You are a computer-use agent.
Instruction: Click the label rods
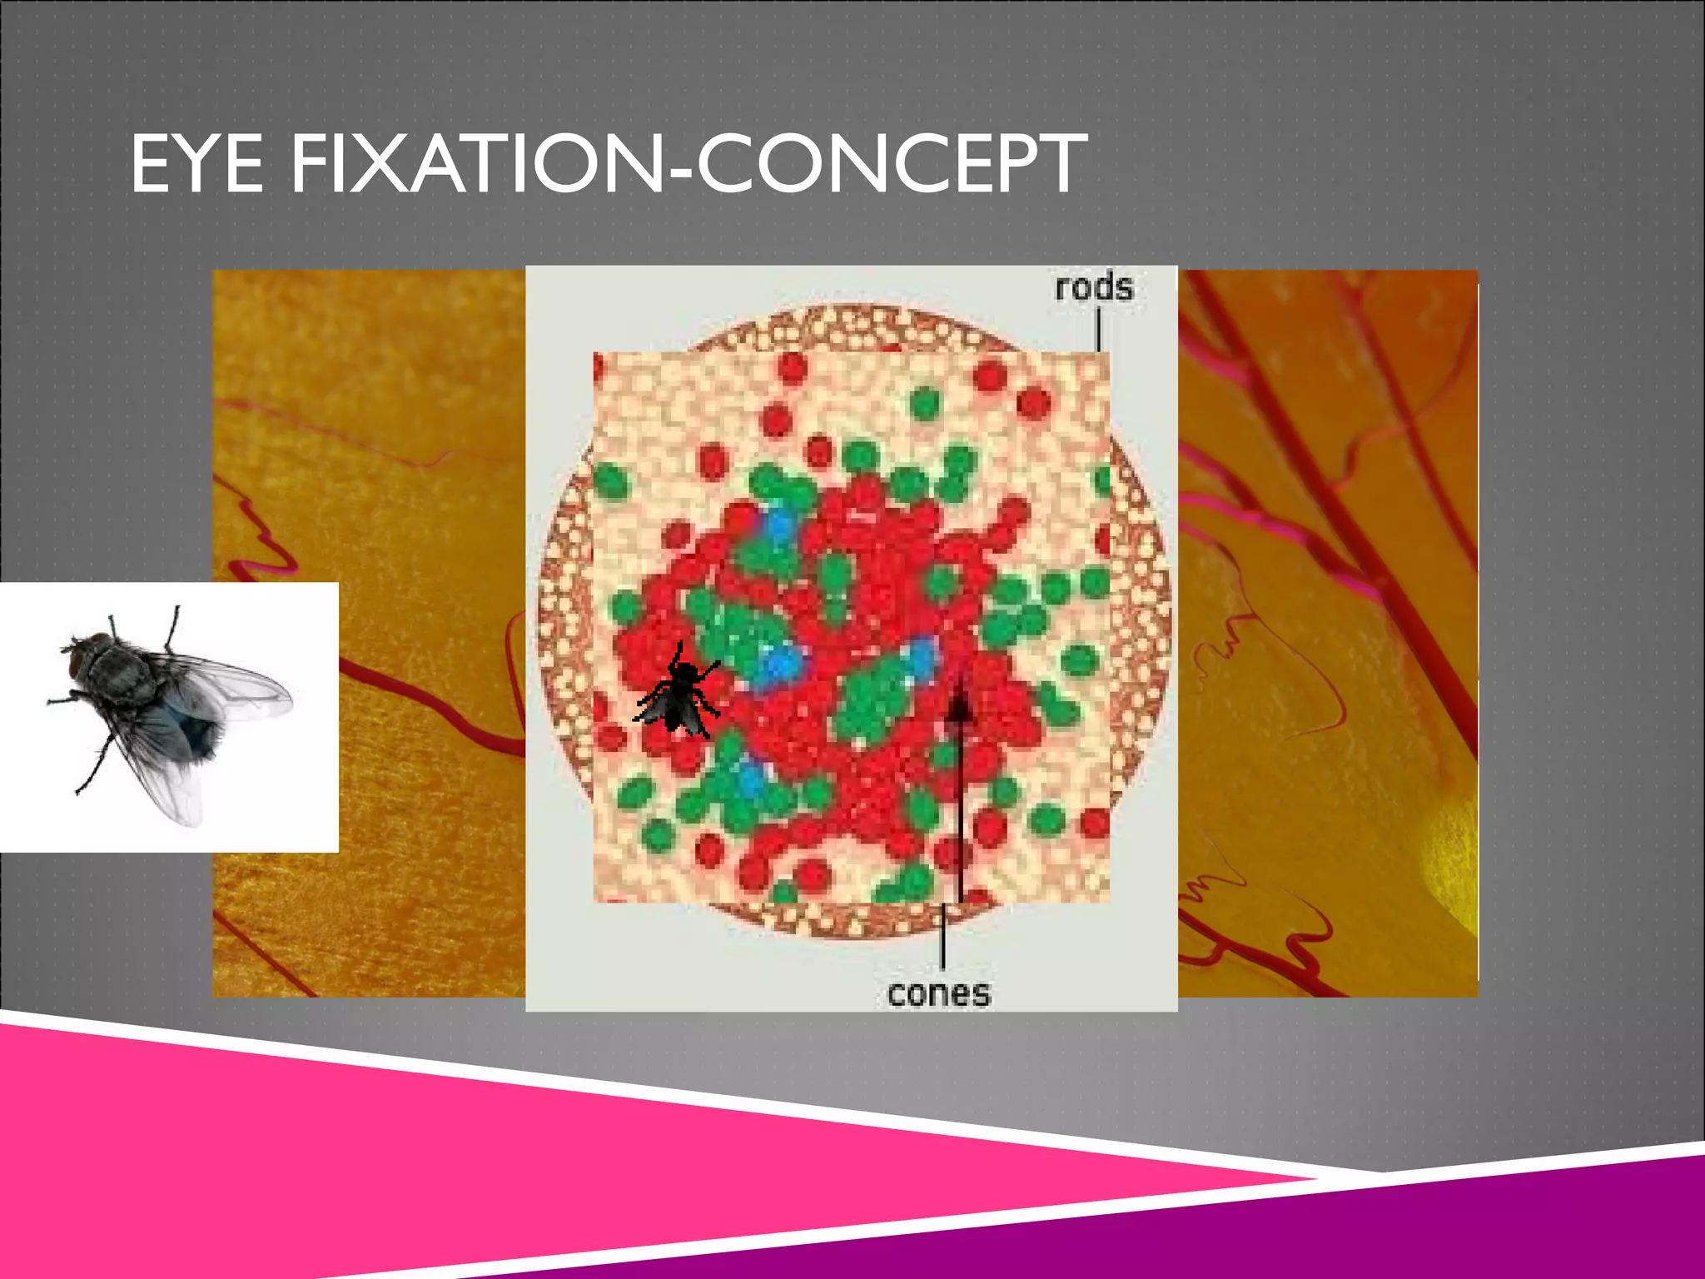click(1093, 288)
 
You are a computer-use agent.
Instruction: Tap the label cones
click(939, 993)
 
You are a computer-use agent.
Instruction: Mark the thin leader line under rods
click(1099, 330)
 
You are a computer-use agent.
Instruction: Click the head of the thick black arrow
click(960, 706)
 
